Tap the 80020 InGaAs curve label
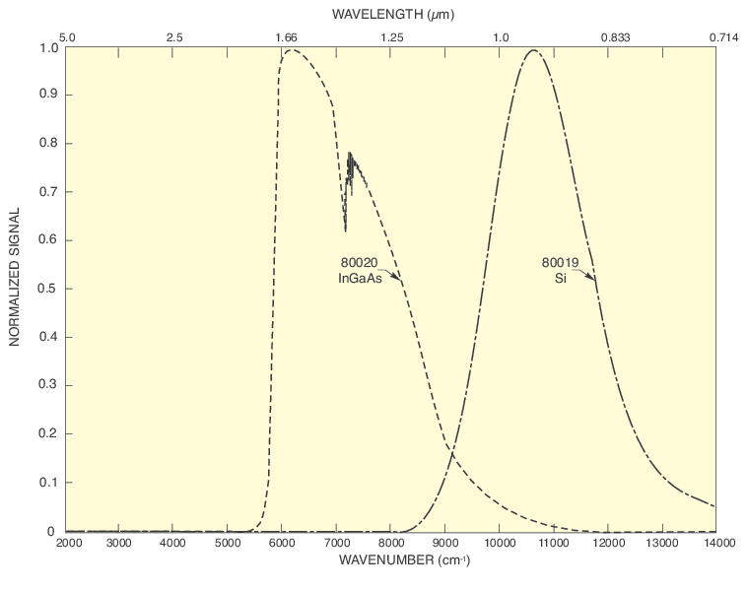point(360,271)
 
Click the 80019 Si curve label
point(560,271)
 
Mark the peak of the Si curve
point(534,50)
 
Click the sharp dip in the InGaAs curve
point(346,231)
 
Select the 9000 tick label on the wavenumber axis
point(445,543)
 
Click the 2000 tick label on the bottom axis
point(67,543)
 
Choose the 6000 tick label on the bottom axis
point(283,543)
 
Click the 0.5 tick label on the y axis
point(46,289)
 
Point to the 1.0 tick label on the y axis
point(46,47)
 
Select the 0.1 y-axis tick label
point(46,483)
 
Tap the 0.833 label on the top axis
point(616,37)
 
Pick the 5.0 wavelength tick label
point(67,37)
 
